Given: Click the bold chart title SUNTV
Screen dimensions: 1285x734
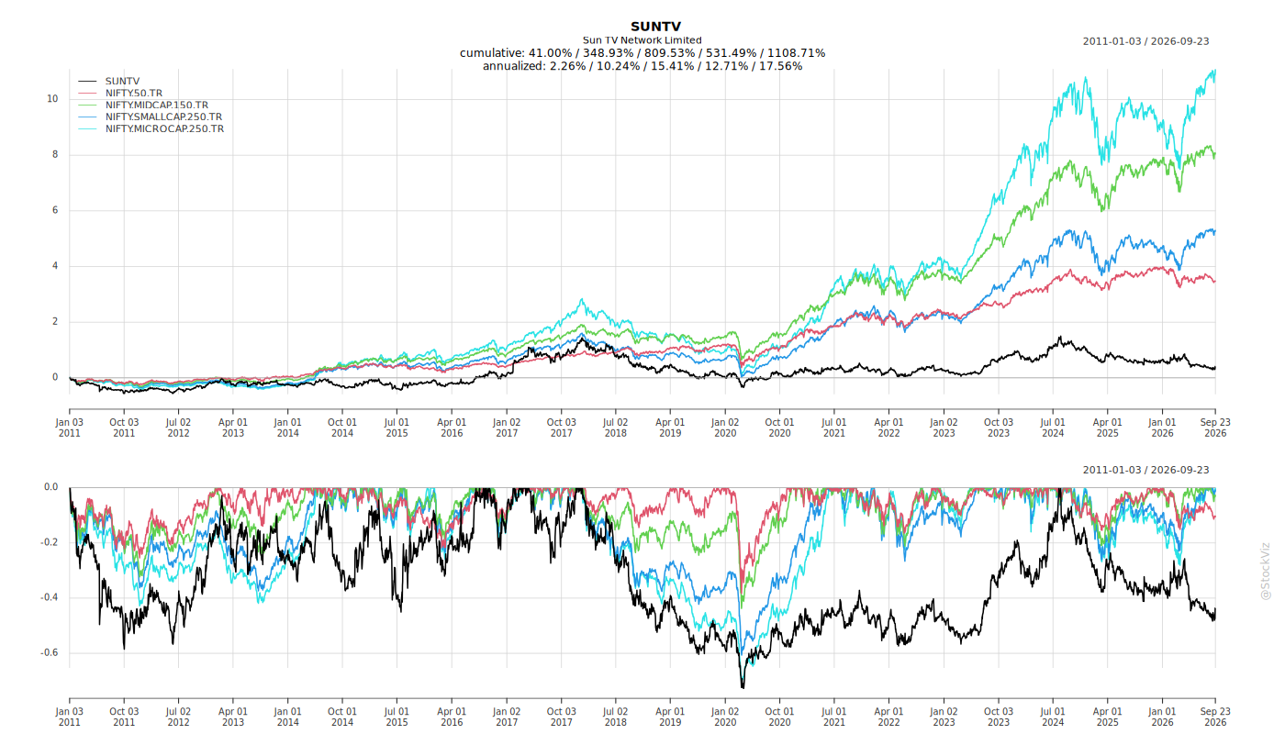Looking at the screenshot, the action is [x=655, y=27].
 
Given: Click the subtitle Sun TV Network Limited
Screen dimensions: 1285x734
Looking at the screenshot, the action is [x=642, y=40].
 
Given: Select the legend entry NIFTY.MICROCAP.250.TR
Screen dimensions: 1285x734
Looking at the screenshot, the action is [x=164, y=129].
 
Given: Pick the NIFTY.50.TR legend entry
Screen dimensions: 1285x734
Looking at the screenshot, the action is [x=134, y=93].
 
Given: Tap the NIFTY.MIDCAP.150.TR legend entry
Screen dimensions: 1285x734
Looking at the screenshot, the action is [x=157, y=105].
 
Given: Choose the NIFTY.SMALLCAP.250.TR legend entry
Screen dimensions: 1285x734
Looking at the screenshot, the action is [x=163, y=117].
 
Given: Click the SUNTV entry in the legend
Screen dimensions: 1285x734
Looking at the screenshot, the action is [x=122, y=82].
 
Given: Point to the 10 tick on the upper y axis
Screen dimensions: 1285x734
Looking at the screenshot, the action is [x=53, y=99].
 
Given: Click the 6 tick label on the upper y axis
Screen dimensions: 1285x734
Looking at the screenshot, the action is [x=56, y=210].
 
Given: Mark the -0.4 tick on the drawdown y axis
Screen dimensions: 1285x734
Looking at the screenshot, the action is [x=50, y=597].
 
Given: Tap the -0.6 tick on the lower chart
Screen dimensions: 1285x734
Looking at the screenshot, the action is [x=50, y=653].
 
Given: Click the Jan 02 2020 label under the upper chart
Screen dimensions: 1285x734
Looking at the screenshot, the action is [x=725, y=428].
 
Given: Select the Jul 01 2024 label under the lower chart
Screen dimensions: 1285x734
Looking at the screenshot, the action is [x=1054, y=717].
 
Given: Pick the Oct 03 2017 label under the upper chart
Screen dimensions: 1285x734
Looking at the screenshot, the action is [x=561, y=428].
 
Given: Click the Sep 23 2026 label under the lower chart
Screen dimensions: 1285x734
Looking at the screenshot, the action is [x=1215, y=717].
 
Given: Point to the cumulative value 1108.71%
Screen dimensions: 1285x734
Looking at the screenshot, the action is [x=797, y=53].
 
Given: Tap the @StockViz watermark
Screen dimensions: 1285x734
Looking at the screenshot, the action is [x=1266, y=572].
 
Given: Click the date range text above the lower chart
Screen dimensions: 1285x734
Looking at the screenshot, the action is [x=1146, y=470].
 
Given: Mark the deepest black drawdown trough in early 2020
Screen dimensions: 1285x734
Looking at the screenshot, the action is [x=743, y=686].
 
